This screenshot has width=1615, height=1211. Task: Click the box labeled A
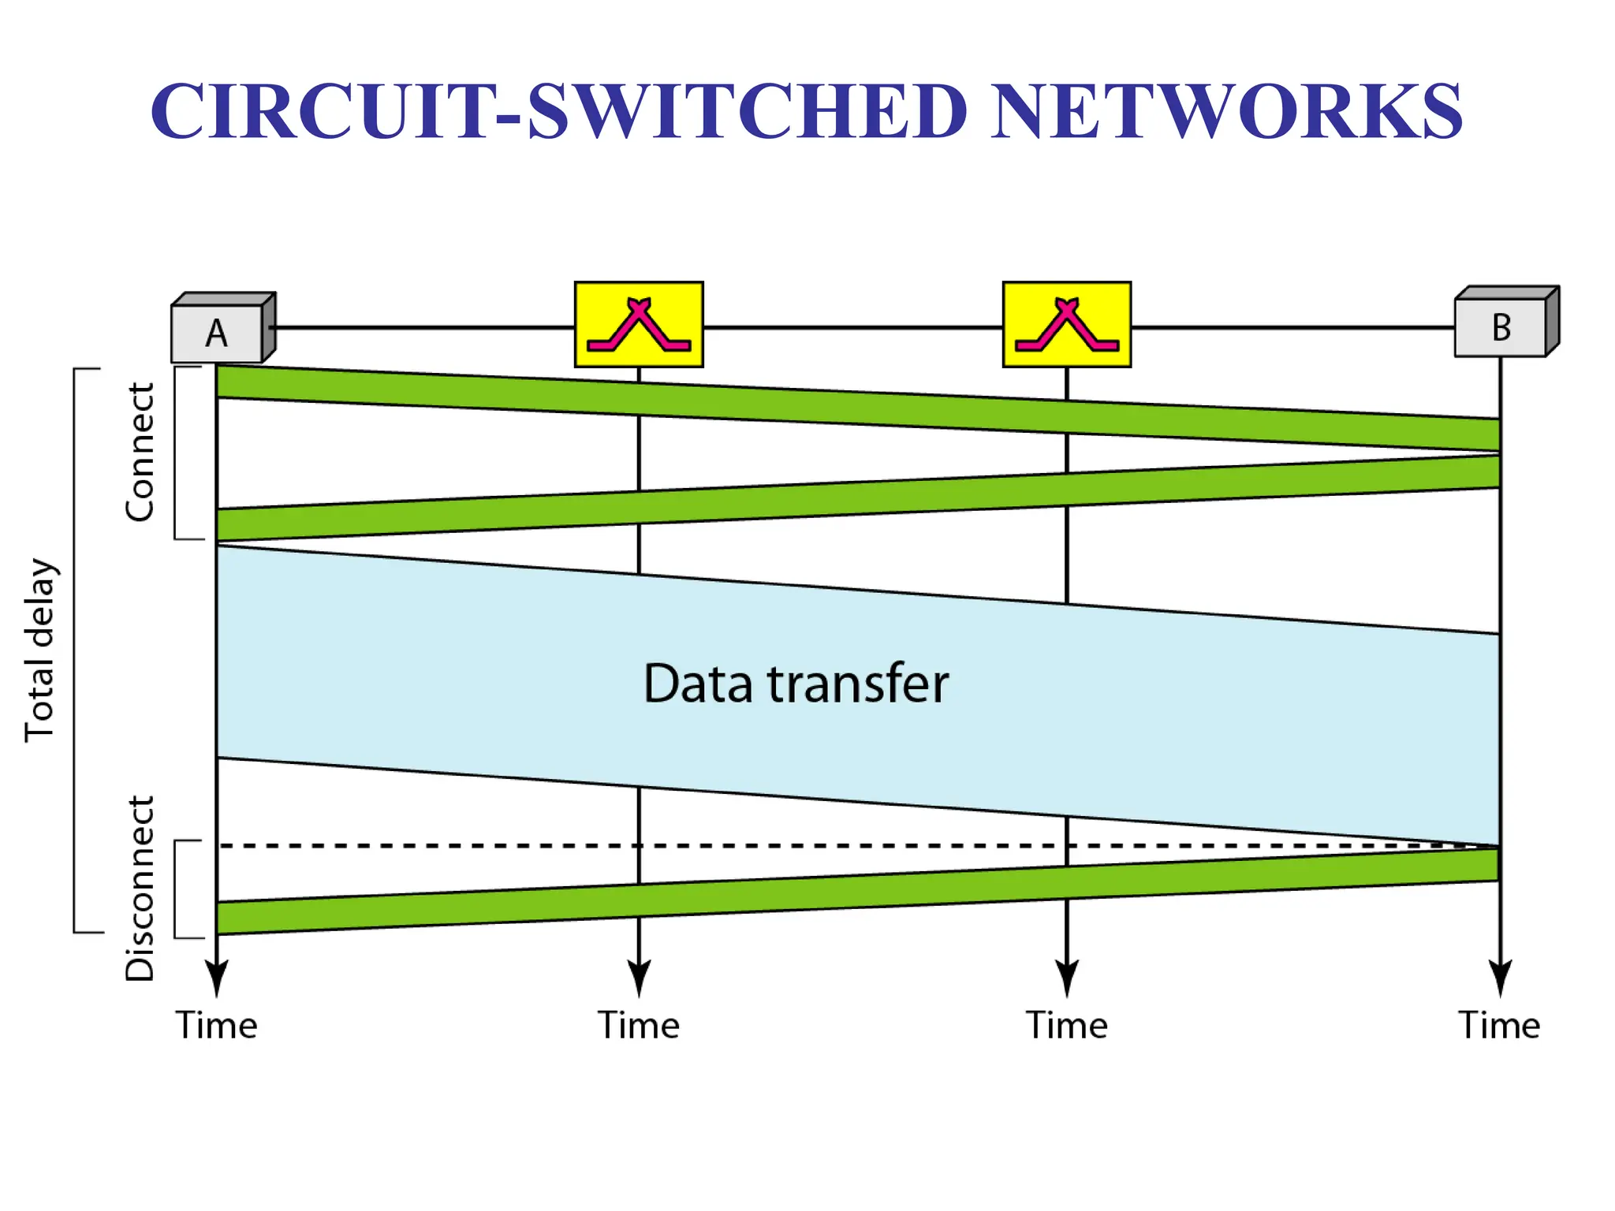click(218, 333)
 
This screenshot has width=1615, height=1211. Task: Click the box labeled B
click(1501, 327)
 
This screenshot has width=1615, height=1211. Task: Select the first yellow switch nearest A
click(639, 324)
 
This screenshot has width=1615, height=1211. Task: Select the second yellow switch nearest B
click(1066, 324)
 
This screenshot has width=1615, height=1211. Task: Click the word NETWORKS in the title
click(1226, 111)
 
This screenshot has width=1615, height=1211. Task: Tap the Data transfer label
click(796, 683)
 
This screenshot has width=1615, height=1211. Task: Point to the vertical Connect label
click(140, 453)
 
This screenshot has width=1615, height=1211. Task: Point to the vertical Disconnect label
click(140, 888)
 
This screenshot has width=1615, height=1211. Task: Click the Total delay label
click(39, 650)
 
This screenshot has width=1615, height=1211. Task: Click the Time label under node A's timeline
click(216, 1026)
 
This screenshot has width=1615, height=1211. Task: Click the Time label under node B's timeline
click(1499, 1026)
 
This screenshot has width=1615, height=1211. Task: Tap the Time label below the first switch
click(639, 1026)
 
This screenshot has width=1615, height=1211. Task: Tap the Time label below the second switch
click(1066, 1026)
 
